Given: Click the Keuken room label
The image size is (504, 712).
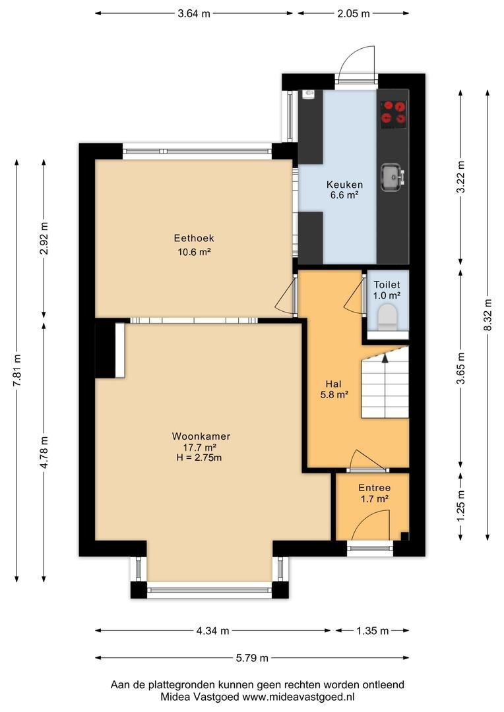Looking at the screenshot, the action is click(344, 185).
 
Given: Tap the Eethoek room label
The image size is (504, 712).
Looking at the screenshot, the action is click(193, 238).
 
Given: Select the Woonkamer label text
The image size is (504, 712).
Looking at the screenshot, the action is click(201, 436).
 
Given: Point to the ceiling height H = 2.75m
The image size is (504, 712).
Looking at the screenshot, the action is click(199, 458).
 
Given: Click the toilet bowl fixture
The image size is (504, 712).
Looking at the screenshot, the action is click(387, 316).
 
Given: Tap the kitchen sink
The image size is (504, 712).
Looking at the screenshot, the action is click(393, 177).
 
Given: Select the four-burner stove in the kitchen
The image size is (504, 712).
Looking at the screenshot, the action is click(393, 113).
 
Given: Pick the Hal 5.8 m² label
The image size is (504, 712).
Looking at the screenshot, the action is click(334, 389).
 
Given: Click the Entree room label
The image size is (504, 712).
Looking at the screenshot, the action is click(375, 488).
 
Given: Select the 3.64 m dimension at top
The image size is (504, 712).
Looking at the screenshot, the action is click(194, 14).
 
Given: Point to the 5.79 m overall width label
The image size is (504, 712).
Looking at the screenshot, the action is click(252, 657).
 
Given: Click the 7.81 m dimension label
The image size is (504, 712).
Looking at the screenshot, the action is click(17, 370).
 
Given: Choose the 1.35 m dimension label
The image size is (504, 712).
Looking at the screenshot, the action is click(373, 631).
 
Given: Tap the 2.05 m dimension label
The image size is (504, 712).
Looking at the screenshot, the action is click(354, 14).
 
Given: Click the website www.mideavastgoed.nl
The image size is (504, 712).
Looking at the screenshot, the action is click(298, 697).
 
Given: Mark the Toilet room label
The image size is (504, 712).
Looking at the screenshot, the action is click(387, 285).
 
